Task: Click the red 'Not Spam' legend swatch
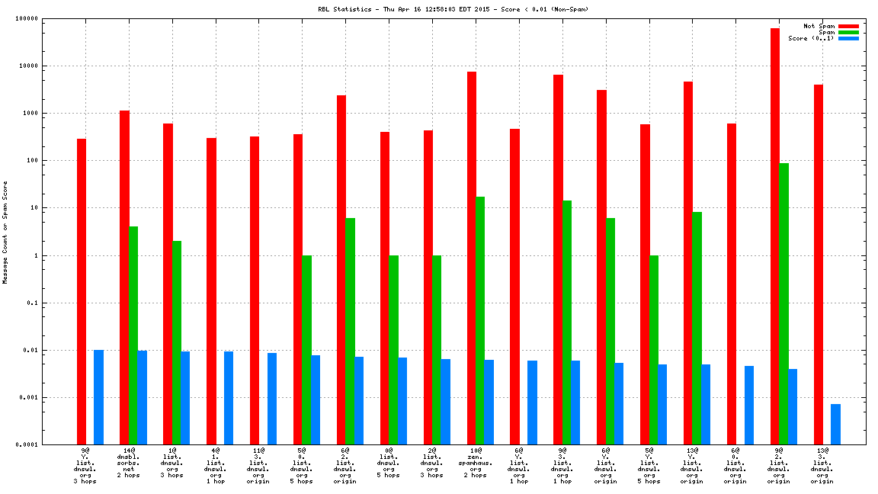(x=848, y=26)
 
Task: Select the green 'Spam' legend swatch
(x=848, y=32)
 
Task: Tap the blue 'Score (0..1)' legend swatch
(x=848, y=38)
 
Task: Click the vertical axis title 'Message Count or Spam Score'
(x=5, y=232)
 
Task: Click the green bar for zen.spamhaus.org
(x=480, y=320)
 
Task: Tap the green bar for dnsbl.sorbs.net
(x=133, y=335)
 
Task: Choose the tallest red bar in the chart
(x=775, y=236)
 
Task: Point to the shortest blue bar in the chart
(x=836, y=424)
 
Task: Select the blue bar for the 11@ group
(x=272, y=399)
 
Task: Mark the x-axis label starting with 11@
(x=258, y=466)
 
